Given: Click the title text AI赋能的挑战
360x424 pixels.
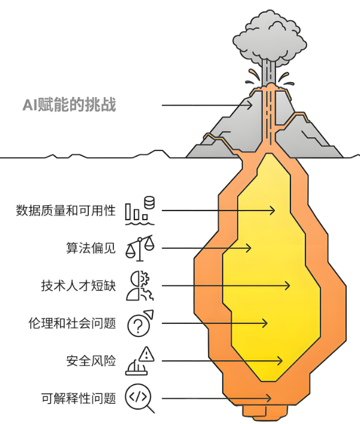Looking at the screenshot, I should [x=69, y=106].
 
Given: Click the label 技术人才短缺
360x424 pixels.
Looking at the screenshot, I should [x=77, y=285].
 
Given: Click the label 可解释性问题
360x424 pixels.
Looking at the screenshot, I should [x=77, y=398].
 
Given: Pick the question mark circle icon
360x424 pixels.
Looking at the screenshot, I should [x=140, y=323].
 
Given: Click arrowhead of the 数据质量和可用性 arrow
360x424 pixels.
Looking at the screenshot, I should [x=272, y=211].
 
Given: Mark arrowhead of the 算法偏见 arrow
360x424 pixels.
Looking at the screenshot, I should [x=248, y=248].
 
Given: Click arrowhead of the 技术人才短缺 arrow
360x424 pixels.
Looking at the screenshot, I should [x=288, y=285].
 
